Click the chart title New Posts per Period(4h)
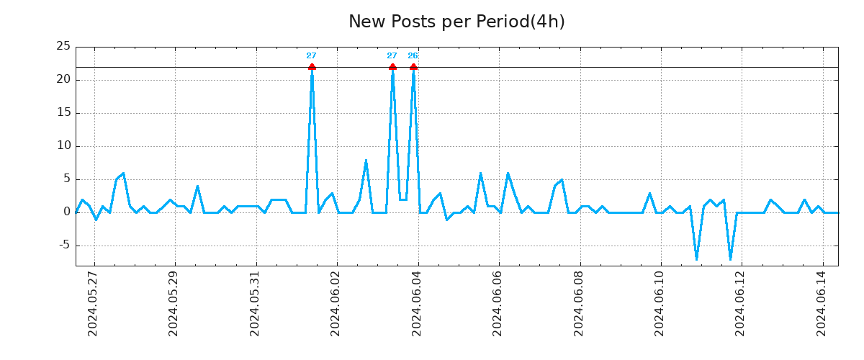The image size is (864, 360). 456,22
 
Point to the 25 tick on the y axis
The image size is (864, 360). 63,47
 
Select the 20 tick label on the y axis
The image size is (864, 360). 63,79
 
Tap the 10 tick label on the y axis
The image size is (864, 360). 63,145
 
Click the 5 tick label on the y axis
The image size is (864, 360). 66,179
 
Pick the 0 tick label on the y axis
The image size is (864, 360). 66,212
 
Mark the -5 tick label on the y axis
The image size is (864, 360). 63,246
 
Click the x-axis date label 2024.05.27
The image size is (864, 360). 92,303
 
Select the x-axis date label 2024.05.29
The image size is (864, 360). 173,303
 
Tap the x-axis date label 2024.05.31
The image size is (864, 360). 254,303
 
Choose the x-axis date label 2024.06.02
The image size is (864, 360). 336,303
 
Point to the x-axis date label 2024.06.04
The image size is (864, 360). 416,303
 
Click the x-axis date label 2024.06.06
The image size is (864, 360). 498,303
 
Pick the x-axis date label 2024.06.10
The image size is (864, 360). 660,303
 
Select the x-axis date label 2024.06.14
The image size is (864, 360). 822,303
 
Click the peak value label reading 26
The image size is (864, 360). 413,55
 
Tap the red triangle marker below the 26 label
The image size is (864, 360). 413,67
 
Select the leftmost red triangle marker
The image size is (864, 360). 312,67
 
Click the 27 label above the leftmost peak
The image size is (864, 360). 311,55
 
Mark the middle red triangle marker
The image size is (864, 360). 392,67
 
